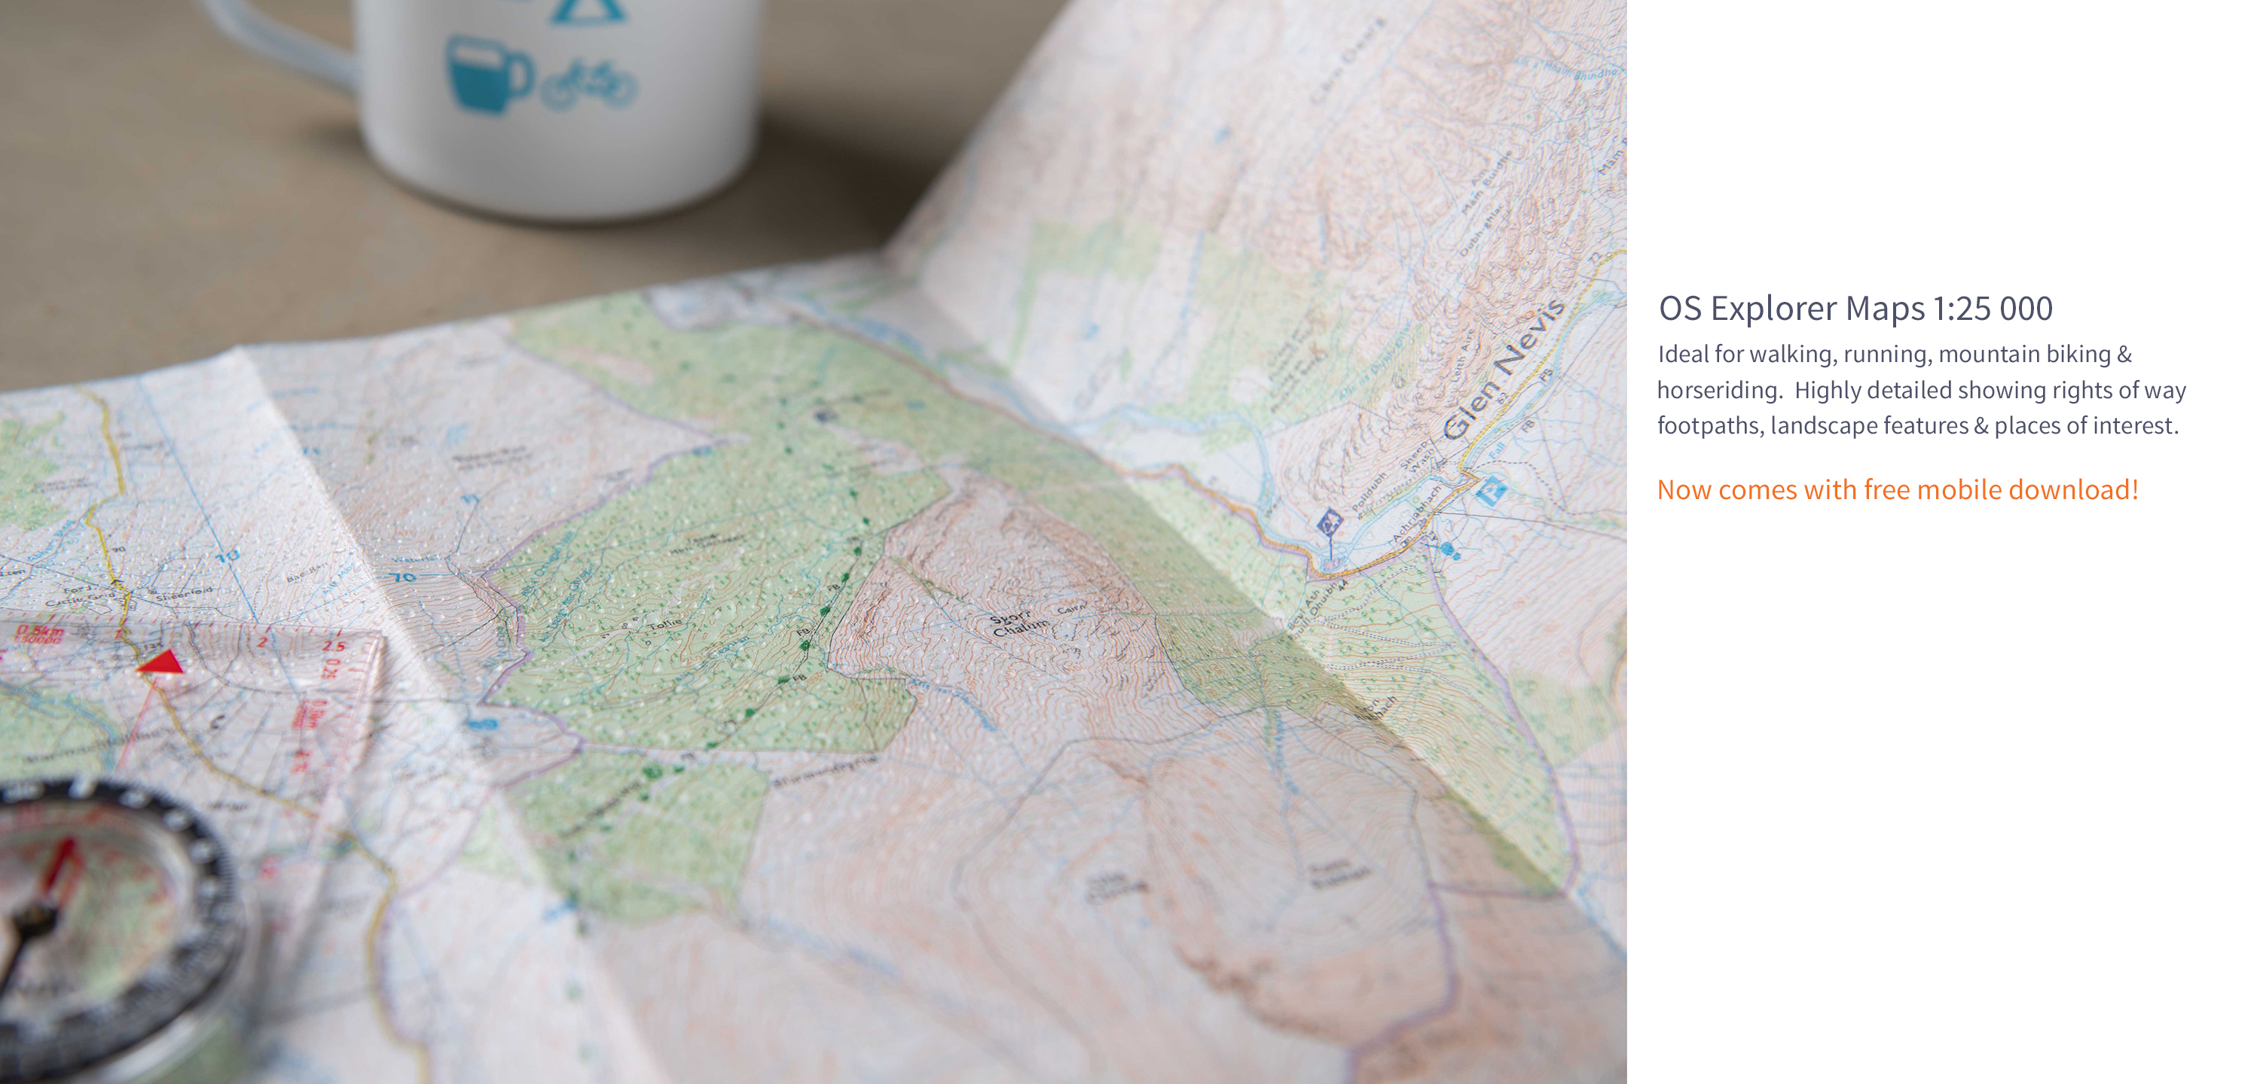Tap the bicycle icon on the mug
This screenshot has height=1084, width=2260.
(590, 84)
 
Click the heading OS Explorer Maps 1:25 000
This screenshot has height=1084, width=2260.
(1855, 309)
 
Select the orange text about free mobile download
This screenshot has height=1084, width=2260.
(1897, 489)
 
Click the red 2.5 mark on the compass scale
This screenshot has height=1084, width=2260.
(334, 645)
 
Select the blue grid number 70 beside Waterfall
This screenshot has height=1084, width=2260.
(404, 577)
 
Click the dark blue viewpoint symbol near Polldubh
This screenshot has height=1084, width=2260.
(1329, 524)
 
